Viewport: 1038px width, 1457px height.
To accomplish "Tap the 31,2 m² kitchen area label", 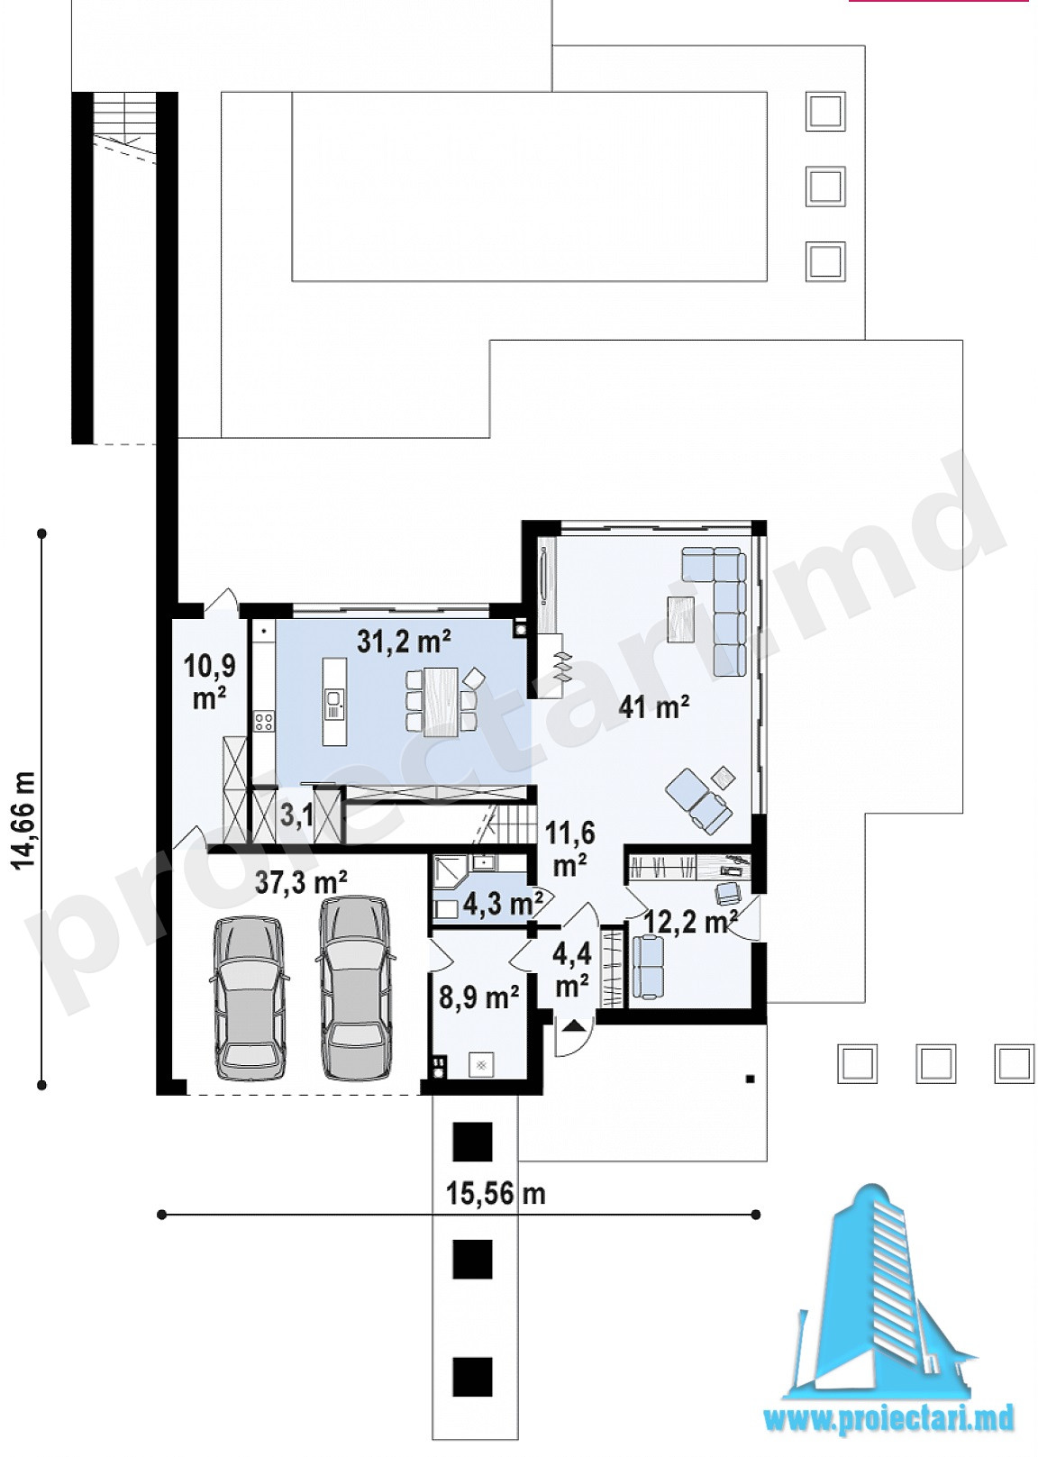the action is pyautogui.click(x=404, y=642).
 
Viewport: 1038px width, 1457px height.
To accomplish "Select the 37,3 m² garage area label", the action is pyautogui.click(x=300, y=883).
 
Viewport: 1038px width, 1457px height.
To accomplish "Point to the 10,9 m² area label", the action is pyautogui.click(x=209, y=682).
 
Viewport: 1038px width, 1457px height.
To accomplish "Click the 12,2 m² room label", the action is pyautogui.click(x=690, y=921).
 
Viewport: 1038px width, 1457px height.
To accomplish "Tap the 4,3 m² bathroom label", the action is pyautogui.click(x=504, y=904).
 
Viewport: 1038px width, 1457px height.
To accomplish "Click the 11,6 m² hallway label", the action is pyautogui.click(x=569, y=849).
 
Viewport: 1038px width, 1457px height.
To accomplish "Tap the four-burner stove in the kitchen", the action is pyautogui.click(x=263, y=722).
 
